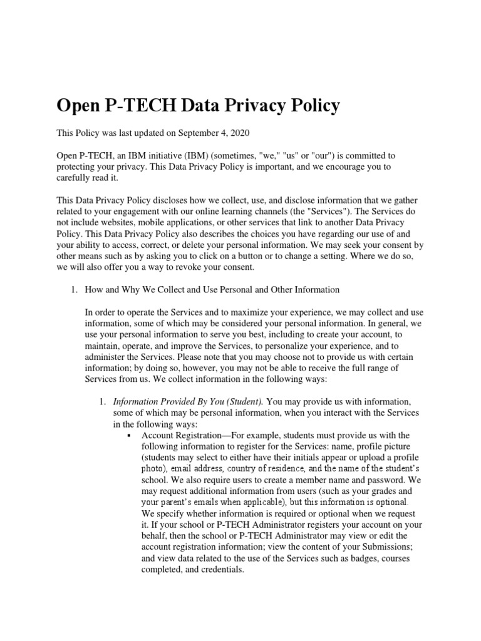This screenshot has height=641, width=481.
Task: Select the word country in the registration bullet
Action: pos(245,469)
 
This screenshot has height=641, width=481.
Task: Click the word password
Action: pos(375,480)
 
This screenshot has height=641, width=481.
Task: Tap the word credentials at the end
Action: pos(221,570)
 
